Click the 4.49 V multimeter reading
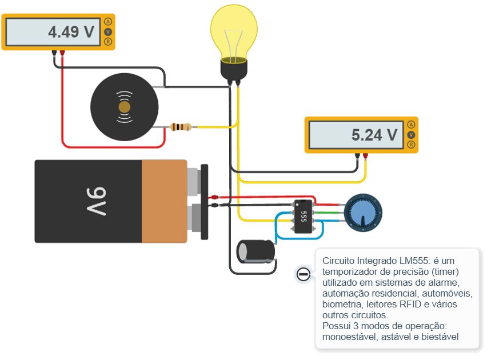point(71,32)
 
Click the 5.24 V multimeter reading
point(374,135)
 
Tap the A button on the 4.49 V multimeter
point(107,21)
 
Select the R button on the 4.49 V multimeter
point(107,42)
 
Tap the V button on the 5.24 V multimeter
point(410,135)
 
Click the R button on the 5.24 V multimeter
point(410,145)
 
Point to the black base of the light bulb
point(234,70)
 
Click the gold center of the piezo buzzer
point(124,107)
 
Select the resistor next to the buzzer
point(182,126)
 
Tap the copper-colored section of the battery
point(164,201)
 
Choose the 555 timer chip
point(303,216)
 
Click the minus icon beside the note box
point(304,275)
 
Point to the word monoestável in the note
point(348,337)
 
